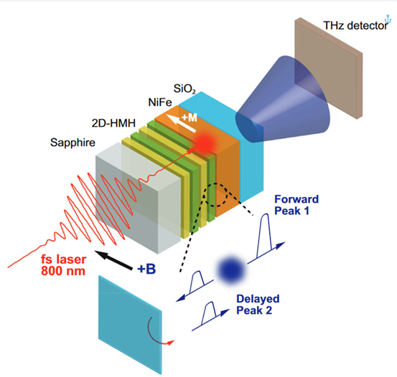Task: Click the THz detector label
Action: (x=355, y=26)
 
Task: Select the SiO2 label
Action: (x=185, y=89)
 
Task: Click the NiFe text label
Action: (x=160, y=102)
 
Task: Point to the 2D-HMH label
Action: (x=113, y=123)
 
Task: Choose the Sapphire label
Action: (x=73, y=143)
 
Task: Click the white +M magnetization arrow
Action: (x=181, y=123)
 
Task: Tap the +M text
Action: (x=190, y=118)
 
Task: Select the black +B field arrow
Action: (x=113, y=259)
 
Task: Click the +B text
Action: (x=146, y=269)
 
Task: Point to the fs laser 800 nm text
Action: (x=64, y=265)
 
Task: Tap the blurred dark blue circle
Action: (x=231, y=270)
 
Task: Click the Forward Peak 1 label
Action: (x=296, y=205)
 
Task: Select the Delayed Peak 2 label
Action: (x=258, y=305)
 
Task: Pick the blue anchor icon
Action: (x=388, y=19)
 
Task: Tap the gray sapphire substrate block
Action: (x=139, y=197)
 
